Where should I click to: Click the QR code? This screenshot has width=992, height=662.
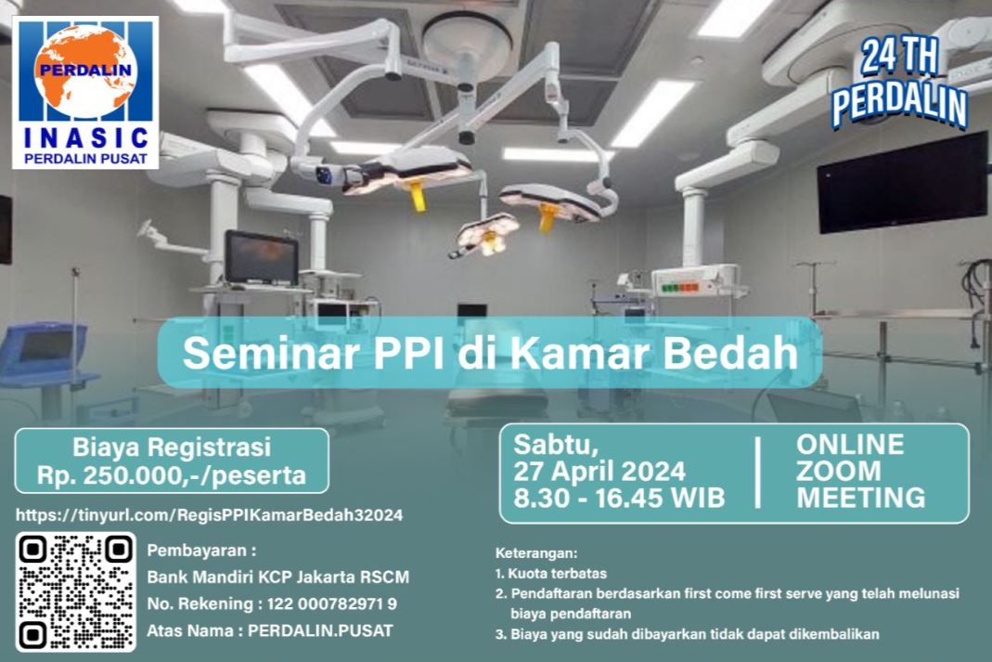pyautogui.click(x=76, y=591)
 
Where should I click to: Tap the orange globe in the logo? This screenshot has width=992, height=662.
pyautogui.click(x=84, y=71)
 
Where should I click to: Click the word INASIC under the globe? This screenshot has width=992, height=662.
pyautogui.click(x=86, y=138)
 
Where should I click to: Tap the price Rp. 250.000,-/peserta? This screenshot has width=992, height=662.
pyautogui.click(x=172, y=474)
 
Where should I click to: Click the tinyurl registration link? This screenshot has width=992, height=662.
pyautogui.click(x=210, y=514)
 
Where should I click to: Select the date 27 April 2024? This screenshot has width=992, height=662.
pyautogui.click(x=599, y=472)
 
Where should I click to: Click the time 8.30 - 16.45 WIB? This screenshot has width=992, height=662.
pyautogui.click(x=619, y=498)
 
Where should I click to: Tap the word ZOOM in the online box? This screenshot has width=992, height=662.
pyautogui.click(x=838, y=471)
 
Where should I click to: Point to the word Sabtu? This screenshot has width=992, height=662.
pyautogui.click(x=556, y=445)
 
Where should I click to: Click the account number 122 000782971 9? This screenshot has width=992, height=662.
pyautogui.click(x=332, y=604)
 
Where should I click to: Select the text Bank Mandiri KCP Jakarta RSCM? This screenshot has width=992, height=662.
pyautogui.click(x=278, y=578)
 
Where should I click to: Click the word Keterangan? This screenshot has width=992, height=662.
pyautogui.click(x=536, y=553)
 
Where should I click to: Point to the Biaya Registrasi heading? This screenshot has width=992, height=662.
pyautogui.click(x=172, y=447)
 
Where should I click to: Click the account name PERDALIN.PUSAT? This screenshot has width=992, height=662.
pyautogui.click(x=320, y=630)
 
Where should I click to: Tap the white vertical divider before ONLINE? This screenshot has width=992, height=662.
pyautogui.click(x=758, y=473)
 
